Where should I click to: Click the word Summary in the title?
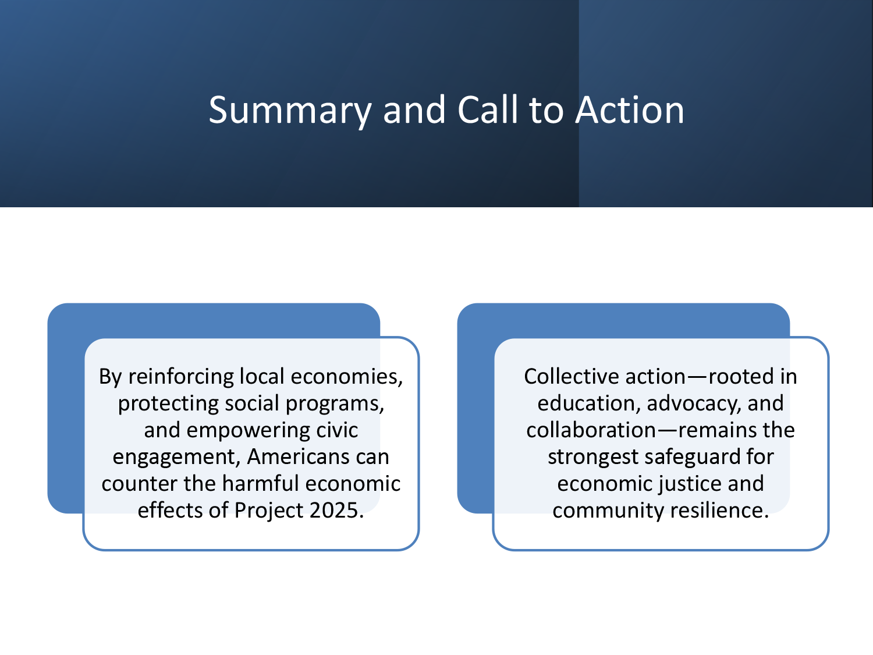click(290, 111)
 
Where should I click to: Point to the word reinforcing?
click(181, 377)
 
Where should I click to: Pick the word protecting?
click(168, 403)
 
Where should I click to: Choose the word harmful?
click(260, 483)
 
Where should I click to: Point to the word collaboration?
click(591, 430)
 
